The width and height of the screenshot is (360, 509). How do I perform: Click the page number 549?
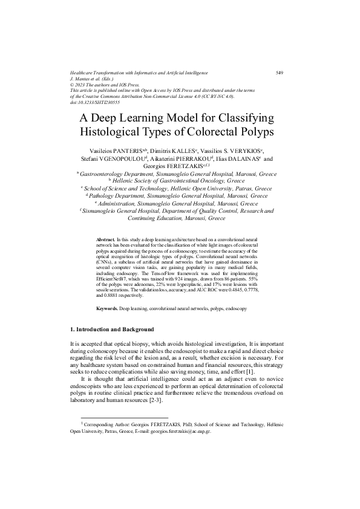point(280,73)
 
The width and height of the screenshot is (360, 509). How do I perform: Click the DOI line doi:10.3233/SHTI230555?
point(94,102)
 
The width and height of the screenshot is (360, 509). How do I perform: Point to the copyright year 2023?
point(82,85)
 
